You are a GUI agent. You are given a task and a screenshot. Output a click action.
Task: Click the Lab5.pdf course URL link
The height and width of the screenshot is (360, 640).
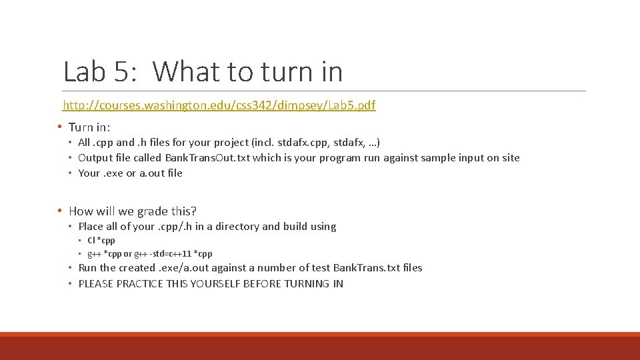pos(219,105)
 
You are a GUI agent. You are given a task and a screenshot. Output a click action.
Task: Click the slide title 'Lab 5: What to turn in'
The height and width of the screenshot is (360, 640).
pos(203,71)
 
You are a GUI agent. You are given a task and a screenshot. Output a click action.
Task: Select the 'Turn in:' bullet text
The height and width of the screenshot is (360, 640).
pos(89,127)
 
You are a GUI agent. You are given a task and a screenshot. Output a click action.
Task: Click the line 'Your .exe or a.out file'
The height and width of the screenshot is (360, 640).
pos(130,173)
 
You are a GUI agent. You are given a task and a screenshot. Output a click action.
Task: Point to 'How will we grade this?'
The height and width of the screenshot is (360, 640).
pos(133,211)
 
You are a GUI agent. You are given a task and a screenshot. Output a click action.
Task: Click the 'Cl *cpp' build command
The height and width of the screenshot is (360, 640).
pos(101,241)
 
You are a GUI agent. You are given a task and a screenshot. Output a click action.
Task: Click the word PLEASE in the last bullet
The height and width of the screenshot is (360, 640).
pos(96,284)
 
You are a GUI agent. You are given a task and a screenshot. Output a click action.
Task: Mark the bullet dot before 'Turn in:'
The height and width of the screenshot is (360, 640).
pos(60,127)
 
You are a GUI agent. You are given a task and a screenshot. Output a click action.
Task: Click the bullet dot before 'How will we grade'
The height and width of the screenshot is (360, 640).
pos(60,211)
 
